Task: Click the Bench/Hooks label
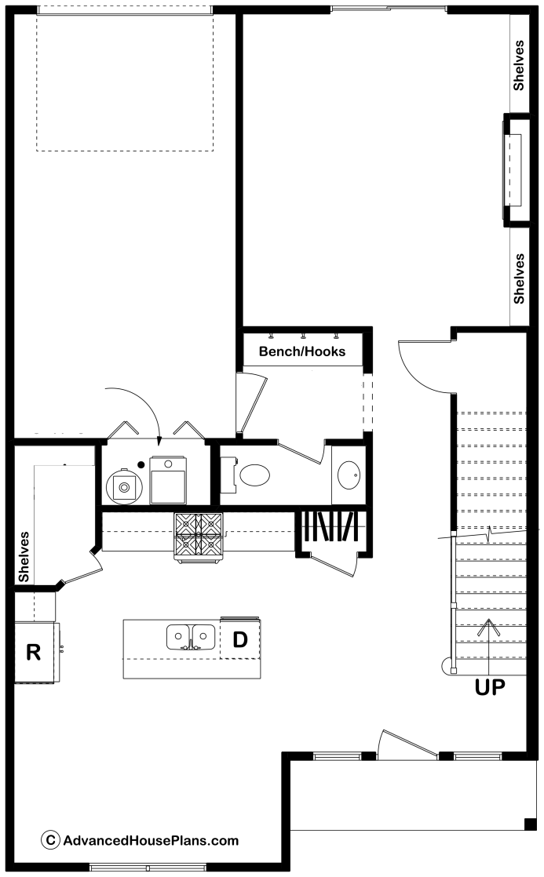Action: click(x=302, y=351)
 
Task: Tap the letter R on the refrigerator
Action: click(x=34, y=652)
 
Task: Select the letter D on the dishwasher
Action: click(x=240, y=639)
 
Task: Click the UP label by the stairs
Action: click(x=490, y=687)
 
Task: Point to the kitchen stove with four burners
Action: click(x=199, y=536)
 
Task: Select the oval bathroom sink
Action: click(x=349, y=475)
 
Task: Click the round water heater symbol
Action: click(x=124, y=486)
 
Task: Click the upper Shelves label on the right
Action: click(x=519, y=65)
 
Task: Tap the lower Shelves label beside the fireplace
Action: click(x=519, y=278)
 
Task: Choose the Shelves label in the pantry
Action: click(x=24, y=557)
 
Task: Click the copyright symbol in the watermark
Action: click(x=50, y=840)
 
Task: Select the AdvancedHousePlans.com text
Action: click(x=151, y=841)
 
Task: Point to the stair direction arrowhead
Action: click(x=489, y=624)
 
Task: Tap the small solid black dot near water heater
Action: click(x=141, y=464)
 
